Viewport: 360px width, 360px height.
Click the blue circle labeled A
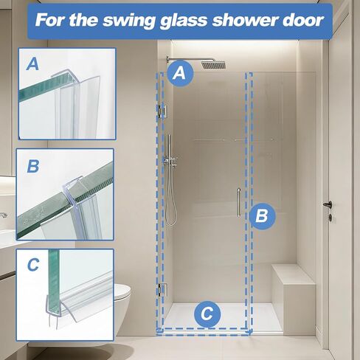tap(180, 73)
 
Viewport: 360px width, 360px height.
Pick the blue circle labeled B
tap(262, 216)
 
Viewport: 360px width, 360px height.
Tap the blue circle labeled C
tap(207, 314)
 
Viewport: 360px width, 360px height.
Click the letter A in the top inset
tap(32, 64)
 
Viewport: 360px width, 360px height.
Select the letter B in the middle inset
tap(33, 166)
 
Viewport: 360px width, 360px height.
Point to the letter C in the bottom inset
tap(33, 265)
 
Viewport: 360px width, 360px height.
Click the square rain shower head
tap(213, 65)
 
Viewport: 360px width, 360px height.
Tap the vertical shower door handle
tap(238, 203)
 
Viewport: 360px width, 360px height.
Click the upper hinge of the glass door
tap(163, 111)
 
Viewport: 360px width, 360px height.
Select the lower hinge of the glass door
tap(163, 289)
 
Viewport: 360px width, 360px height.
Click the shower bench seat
tap(294, 274)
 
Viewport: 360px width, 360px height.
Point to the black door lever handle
tap(328, 204)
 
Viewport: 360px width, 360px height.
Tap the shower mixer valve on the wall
tap(171, 162)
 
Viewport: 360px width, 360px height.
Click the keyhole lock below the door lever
tap(330, 218)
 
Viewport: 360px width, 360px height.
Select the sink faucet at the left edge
tap(4, 215)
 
